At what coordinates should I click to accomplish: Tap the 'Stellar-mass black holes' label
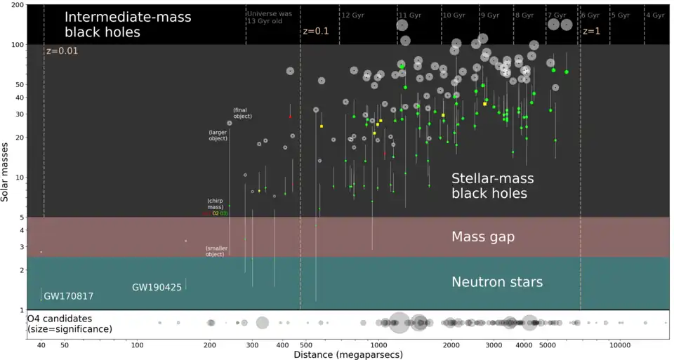tap(489, 185)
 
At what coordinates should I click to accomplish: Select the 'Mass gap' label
tap(483, 237)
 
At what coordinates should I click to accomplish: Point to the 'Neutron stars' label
tap(496, 282)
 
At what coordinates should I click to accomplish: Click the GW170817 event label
tap(68, 296)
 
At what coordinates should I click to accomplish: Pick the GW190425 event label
tap(157, 287)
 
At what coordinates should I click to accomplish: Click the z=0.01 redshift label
tap(62, 51)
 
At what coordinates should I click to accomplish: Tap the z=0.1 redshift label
tap(316, 32)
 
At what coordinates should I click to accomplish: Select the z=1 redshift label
tap(590, 32)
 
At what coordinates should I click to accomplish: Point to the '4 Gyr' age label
tap(654, 15)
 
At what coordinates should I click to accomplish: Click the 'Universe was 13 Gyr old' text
tap(271, 18)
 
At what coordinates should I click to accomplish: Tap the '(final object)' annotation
tap(242, 113)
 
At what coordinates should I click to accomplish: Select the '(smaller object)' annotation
tap(216, 251)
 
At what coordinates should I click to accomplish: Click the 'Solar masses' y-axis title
tap(6, 172)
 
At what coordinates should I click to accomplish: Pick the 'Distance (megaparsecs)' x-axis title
tap(348, 355)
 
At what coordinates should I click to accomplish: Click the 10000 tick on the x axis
tap(619, 345)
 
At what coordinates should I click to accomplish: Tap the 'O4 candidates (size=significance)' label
tap(70, 324)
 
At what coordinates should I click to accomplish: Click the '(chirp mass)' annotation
tap(215, 204)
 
